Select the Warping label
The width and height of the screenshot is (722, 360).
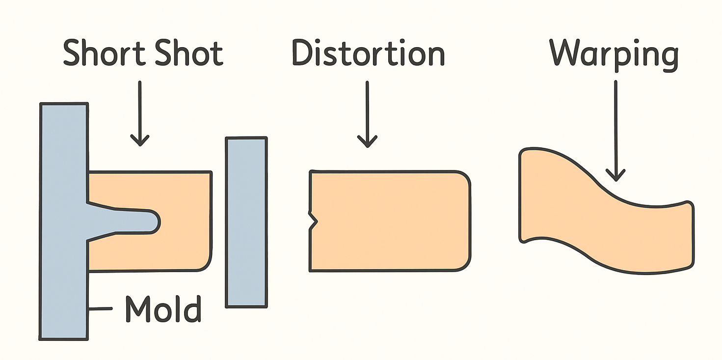click(x=614, y=54)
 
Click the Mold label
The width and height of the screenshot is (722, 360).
click(x=163, y=308)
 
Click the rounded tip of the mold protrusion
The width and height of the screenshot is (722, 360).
click(x=153, y=222)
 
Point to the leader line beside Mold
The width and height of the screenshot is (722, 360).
click(x=101, y=309)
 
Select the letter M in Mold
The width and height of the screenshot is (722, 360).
click(x=138, y=308)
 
